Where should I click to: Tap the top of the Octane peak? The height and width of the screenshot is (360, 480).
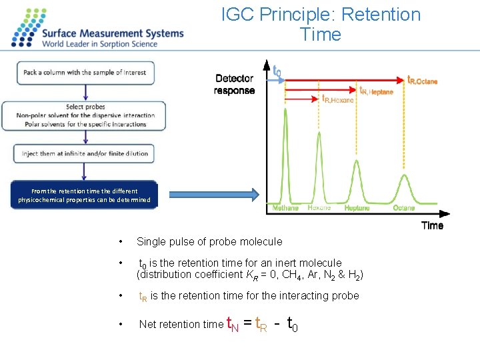404,175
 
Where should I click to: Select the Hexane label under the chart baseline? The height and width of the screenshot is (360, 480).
319,208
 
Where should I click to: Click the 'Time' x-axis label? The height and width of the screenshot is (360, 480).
432,225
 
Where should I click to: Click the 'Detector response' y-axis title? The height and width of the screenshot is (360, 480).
234,85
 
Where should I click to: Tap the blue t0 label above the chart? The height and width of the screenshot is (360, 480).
277,69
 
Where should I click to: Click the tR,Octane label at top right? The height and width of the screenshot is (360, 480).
423,80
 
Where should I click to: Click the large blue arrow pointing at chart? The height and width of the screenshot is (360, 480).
212,195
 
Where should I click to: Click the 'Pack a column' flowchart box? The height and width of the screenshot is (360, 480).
85,73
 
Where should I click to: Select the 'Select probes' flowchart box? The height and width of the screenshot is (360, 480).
85,115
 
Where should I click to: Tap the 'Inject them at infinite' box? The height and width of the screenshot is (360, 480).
85,153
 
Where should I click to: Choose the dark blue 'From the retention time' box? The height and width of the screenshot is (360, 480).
85,195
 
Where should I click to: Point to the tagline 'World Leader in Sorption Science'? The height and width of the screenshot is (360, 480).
100,44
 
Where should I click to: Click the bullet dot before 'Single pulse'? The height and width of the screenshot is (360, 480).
119,241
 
